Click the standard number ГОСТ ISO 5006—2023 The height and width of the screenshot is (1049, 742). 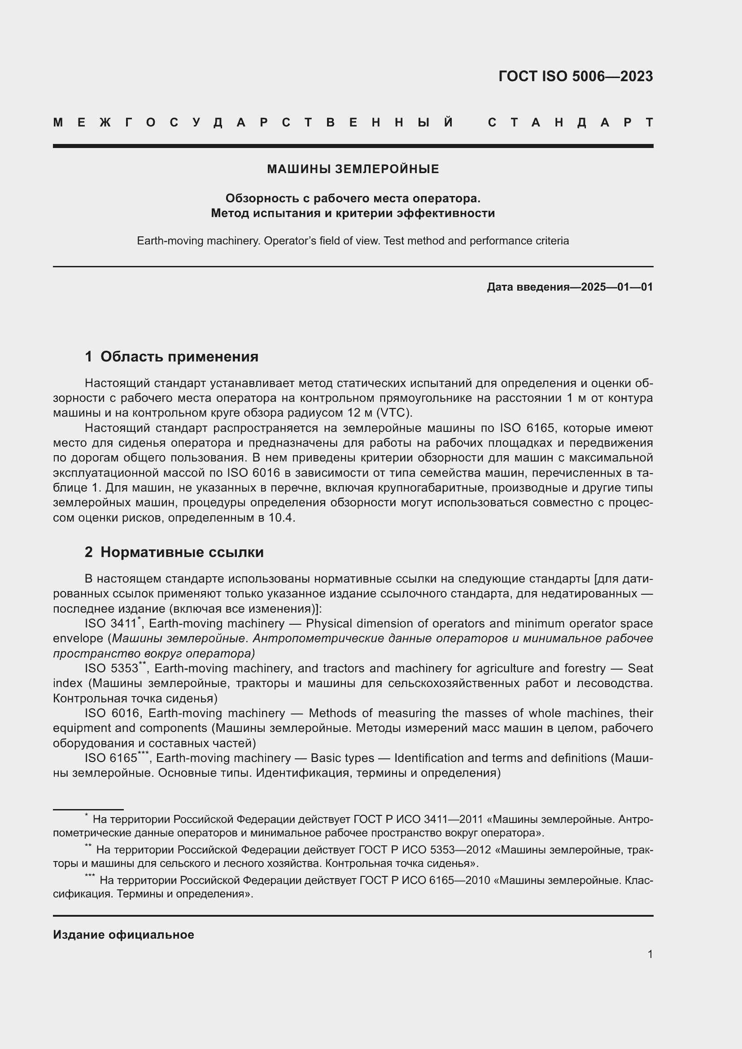(575, 76)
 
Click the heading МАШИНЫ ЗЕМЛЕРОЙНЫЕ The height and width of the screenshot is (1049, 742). (353, 169)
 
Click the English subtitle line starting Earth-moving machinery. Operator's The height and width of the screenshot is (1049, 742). (353, 241)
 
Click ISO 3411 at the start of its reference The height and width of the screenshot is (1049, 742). (110, 624)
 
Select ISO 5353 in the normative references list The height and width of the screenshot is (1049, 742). (111, 668)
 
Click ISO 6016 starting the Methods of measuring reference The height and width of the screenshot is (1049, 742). (111, 713)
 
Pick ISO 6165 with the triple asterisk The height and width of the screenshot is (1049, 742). (111, 758)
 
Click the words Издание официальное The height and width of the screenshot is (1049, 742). (123, 935)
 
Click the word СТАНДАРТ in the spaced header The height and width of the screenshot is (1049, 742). (570, 122)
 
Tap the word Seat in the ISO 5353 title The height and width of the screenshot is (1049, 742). (640, 668)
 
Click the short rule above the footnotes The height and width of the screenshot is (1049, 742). (88, 810)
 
